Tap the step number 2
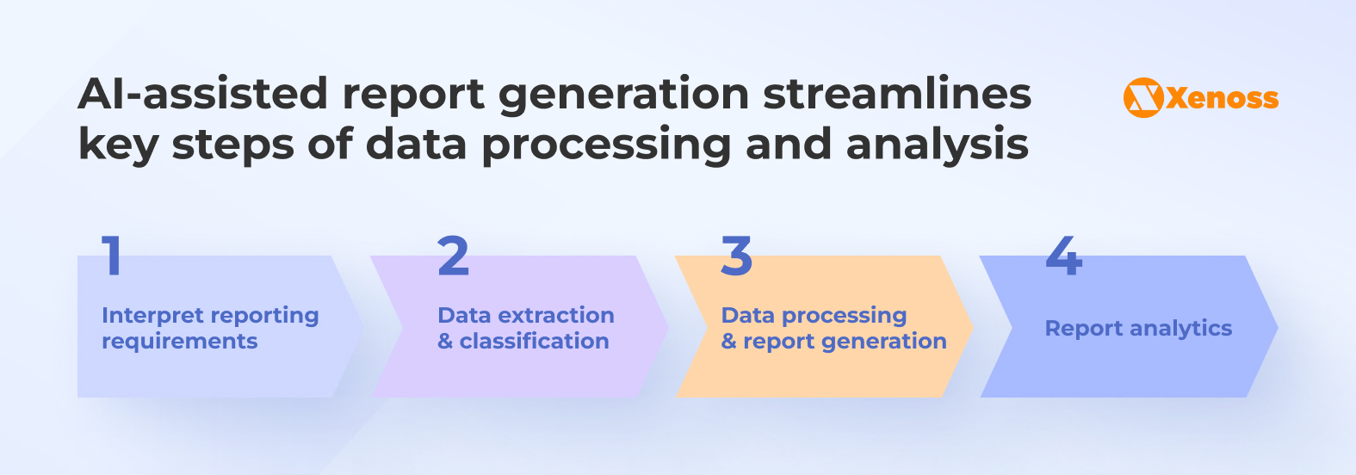point(453,256)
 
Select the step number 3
point(737,256)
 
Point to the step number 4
point(1064,256)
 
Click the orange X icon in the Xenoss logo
point(1143,98)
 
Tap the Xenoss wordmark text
point(1223,98)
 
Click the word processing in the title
point(606,145)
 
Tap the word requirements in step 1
point(179,342)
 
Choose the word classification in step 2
point(534,342)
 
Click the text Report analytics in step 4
point(1138,328)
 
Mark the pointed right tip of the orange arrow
point(972,327)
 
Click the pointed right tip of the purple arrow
point(668,327)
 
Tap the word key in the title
point(117,145)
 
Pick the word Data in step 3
point(748,316)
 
